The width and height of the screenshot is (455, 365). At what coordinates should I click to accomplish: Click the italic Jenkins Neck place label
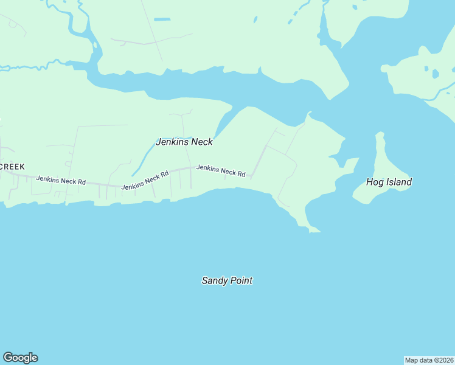coord(184,142)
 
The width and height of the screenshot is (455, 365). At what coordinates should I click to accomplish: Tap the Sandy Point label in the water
coord(227,280)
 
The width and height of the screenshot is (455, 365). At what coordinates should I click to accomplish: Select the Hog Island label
coord(389,182)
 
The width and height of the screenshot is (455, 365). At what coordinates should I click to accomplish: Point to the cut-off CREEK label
coord(12,167)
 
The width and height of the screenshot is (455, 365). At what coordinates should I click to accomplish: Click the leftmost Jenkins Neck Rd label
coord(61,181)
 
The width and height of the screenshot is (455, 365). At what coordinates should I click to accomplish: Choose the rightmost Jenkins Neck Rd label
coord(220,171)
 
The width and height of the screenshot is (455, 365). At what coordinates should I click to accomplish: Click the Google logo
coord(20,358)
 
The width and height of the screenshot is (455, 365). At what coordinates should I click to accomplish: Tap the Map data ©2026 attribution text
coord(429,360)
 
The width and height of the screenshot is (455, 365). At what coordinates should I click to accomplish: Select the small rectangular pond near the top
coord(162,19)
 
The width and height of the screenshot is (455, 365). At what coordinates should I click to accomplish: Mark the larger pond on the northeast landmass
coord(435,74)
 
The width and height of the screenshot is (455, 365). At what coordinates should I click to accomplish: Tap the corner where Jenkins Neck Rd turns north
coord(252,176)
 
